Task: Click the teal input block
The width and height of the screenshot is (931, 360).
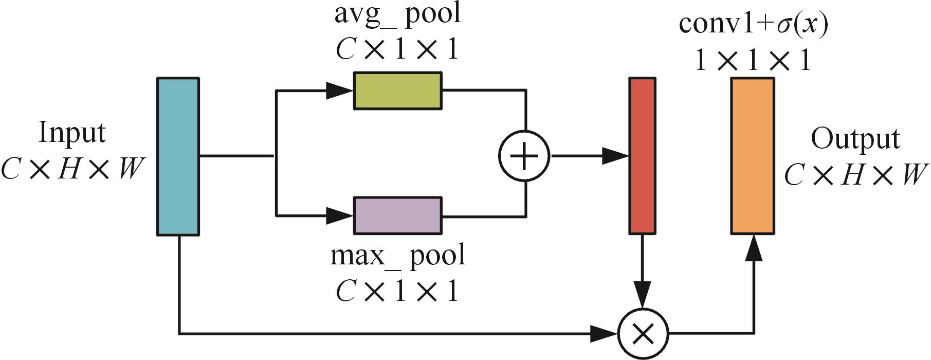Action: click(178, 156)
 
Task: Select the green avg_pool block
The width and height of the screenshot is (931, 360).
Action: click(397, 91)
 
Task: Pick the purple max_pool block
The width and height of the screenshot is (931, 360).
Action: click(397, 215)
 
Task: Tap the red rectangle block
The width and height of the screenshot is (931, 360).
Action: click(643, 156)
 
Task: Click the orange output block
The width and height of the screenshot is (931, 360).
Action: click(753, 156)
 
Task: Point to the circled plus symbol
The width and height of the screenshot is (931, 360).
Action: click(524, 156)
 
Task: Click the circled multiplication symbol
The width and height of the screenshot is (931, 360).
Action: click(643, 333)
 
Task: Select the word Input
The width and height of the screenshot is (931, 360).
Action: click(72, 133)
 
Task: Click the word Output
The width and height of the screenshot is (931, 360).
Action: click(855, 139)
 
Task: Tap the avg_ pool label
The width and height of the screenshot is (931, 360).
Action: click(397, 13)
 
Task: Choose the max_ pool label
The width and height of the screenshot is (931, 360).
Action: click(397, 256)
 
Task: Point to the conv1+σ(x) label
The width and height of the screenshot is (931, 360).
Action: click(754, 24)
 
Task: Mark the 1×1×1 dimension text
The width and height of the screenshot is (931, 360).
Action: click(754, 61)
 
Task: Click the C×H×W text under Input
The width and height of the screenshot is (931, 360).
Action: click(72, 169)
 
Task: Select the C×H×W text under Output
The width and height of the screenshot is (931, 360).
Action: click(856, 175)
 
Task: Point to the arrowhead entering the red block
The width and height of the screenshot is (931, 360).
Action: click(616, 156)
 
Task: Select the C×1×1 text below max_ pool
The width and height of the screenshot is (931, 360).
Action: click(397, 292)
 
